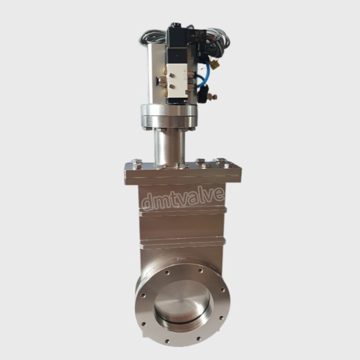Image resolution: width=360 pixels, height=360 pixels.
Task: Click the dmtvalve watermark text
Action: point(183,199)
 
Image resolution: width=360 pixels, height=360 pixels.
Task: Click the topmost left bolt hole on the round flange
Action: point(167,273)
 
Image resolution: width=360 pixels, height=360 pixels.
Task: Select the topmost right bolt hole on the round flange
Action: point(201,270)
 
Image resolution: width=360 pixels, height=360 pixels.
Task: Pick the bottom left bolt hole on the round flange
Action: point(167,341)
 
